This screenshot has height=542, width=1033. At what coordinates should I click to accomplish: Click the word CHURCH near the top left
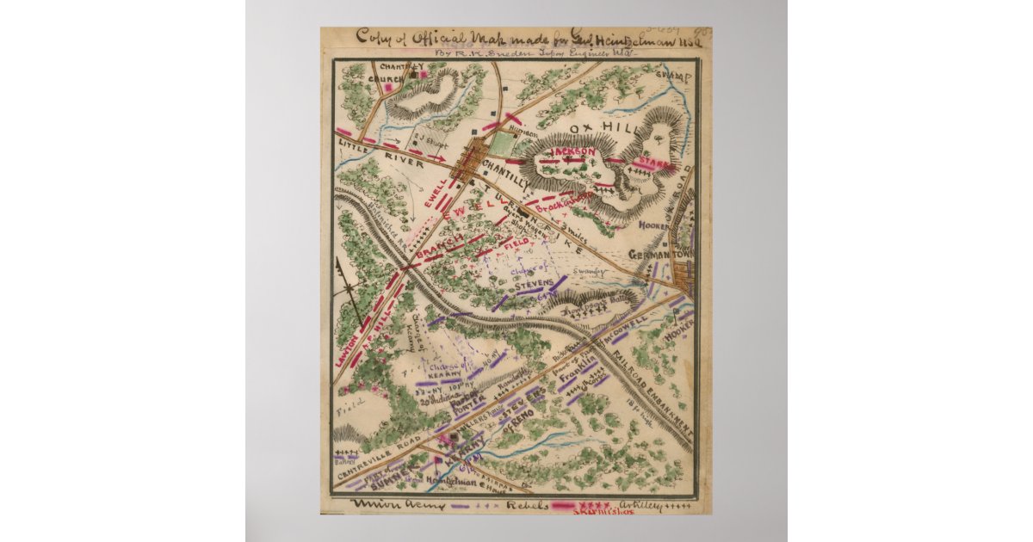point(386,79)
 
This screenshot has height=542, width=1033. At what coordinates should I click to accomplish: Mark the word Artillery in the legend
point(642,505)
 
